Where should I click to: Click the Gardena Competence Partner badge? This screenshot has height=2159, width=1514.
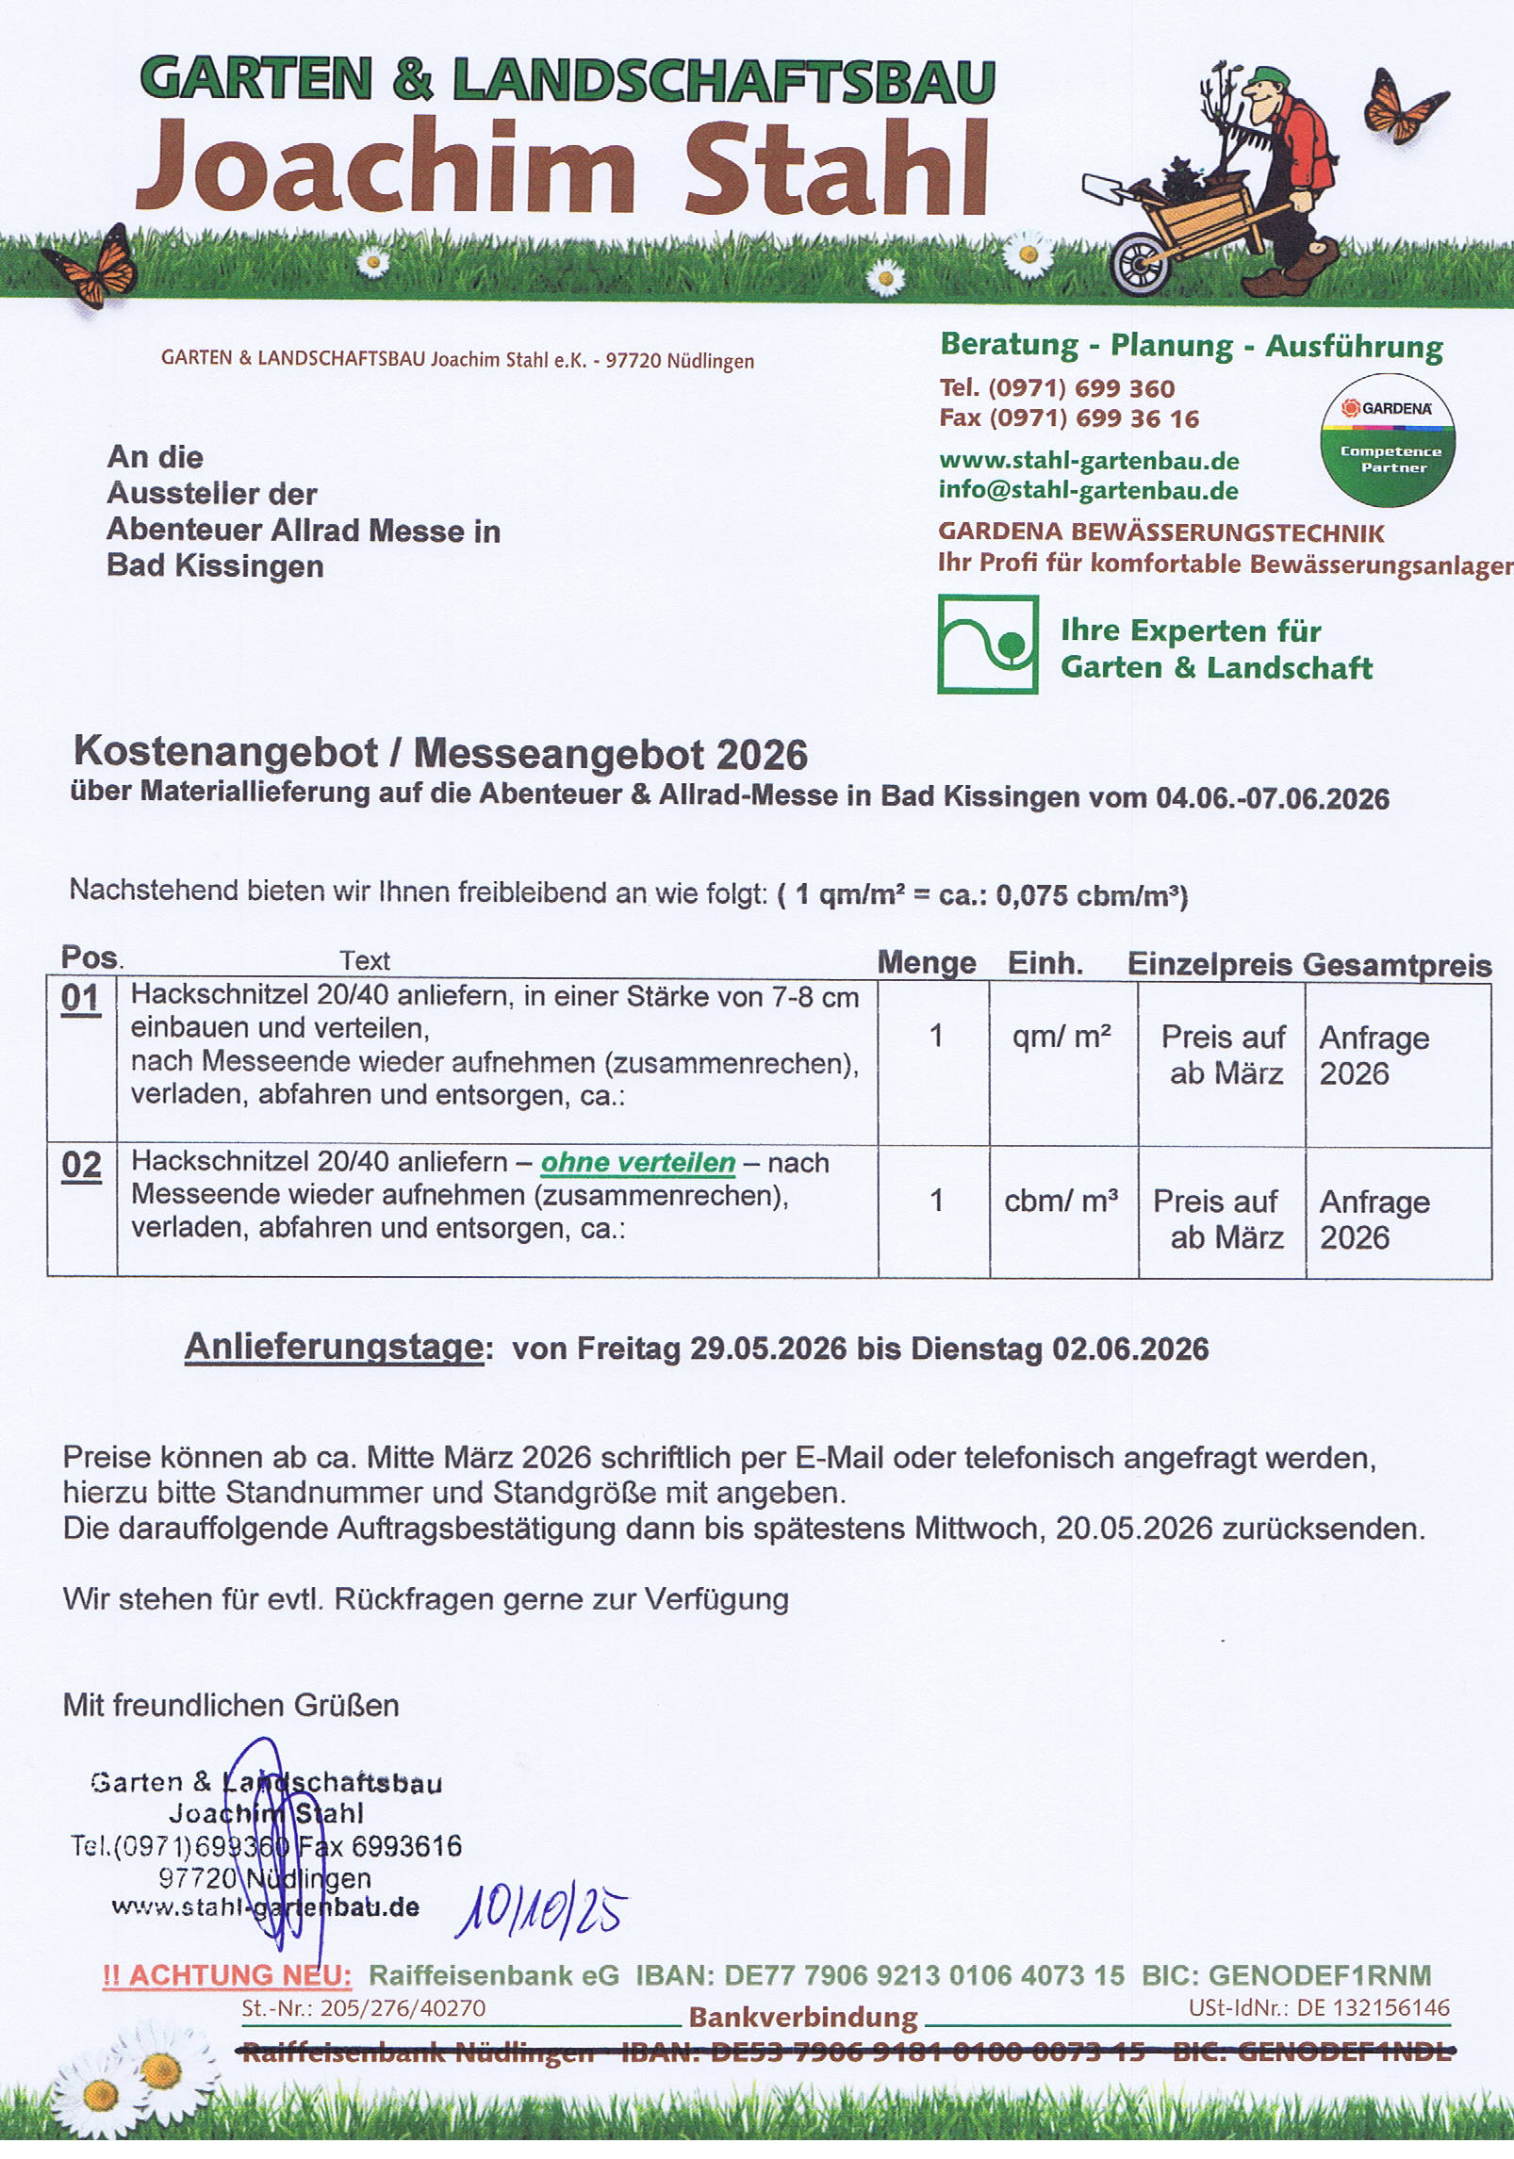(1387, 440)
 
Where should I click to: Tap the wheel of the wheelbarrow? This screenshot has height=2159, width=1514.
(1140, 262)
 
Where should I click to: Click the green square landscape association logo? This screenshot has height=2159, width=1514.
(987, 645)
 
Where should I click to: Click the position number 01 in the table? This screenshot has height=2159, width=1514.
(81, 998)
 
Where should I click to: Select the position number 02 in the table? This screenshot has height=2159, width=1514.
(81, 1165)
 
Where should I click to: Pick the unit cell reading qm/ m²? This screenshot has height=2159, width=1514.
(1061, 1037)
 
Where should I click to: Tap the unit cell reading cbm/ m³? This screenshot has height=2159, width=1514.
(1061, 1201)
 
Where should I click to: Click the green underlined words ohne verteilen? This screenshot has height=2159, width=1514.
(637, 1163)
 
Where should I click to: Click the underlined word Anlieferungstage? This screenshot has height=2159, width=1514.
(334, 1347)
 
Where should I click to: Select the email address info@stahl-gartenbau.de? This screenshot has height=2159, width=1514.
(1088, 490)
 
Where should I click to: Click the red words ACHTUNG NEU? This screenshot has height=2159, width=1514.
(227, 1975)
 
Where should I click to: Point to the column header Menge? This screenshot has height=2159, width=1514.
(926, 962)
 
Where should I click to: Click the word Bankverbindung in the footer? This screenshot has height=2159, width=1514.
(803, 2018)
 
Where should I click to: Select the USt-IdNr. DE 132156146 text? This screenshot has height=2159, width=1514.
(1319, 2008)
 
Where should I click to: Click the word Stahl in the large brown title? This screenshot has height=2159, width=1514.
(836, 168)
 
